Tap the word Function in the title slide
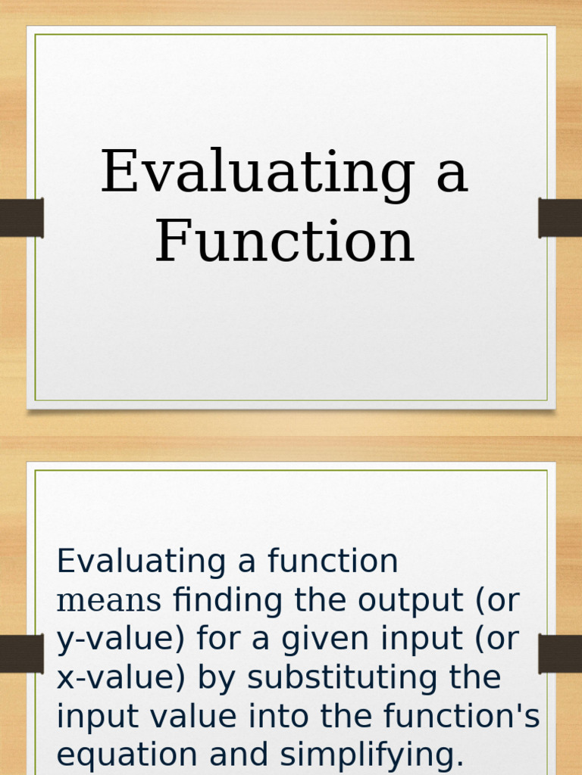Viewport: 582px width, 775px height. click(x=285, y=242)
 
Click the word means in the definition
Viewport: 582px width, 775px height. click(x=110, y=601)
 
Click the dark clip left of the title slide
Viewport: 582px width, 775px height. click(x=21, y=218)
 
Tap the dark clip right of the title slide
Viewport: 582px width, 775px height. click(x=560, y=218)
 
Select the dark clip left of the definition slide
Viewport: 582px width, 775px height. click(x=21, y=654)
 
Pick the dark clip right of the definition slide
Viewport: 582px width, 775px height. click(x=560, y=654)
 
